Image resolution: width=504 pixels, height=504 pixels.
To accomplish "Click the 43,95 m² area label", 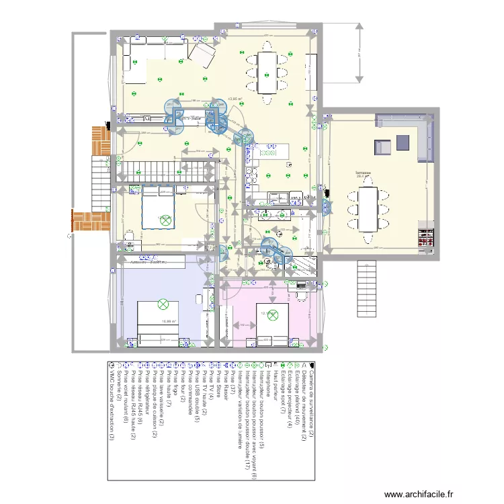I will tap(235, 98).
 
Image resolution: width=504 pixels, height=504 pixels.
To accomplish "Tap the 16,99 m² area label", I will tap(169, 321).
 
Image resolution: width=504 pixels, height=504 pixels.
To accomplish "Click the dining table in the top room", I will tap(267, 72).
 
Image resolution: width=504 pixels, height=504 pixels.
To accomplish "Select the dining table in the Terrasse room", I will tap(367, 208).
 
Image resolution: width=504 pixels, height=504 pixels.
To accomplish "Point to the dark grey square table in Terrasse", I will tap(403, 142).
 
